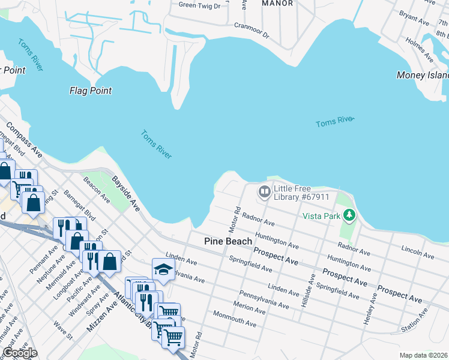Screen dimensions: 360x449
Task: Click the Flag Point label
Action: click(91, 91)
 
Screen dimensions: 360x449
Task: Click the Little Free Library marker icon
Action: click(264, 192)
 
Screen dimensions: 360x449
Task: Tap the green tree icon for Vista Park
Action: click(348, 215)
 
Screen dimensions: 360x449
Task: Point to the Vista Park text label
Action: click(321, 215)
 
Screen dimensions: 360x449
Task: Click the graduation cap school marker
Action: click(163, 269)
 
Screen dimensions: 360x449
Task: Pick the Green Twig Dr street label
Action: click(199, 5)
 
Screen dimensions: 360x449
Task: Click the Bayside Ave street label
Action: click(125, 193)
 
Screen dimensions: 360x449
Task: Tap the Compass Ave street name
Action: click(24, 140)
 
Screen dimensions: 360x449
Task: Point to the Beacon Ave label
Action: click(96, 189)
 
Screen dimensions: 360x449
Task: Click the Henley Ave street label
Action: click(370, 308)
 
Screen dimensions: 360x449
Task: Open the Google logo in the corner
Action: click(20, 353)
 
